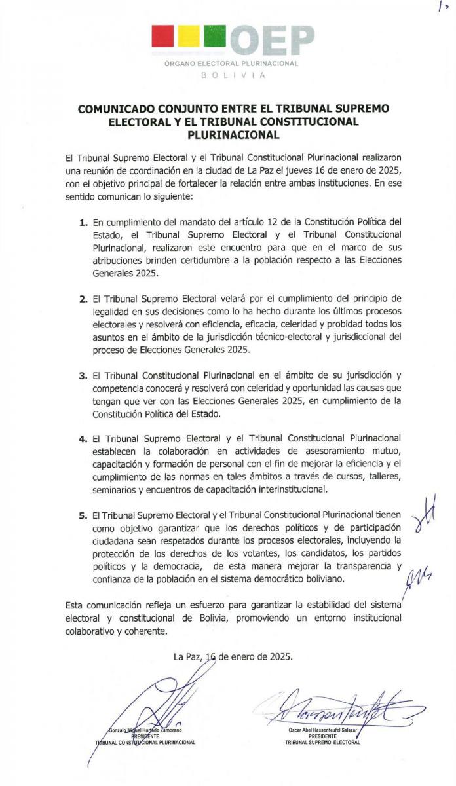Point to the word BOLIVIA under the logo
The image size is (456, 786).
point(233,75)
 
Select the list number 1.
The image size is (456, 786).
point(83,224)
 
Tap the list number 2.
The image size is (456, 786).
point(83,299)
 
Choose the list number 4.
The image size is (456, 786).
point(83,438)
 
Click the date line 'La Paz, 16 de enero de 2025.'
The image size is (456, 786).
point(233,656)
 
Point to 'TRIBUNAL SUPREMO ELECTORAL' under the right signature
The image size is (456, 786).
point(322,743)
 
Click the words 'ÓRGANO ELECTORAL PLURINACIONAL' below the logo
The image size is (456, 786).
point(232,64)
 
